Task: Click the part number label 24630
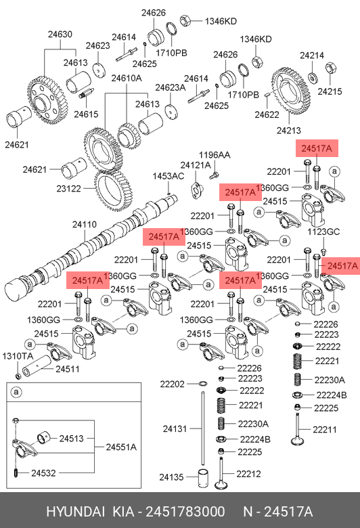[60, 35]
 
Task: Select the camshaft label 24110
[85, 224]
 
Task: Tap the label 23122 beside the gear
[69, 189]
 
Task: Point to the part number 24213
[288, 131]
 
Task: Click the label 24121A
[196, 165]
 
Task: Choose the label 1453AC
[168, 176]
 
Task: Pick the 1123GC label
[323, 232]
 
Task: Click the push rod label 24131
[175, 428]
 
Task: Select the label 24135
[171, 477]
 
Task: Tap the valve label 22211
[325, 430]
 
